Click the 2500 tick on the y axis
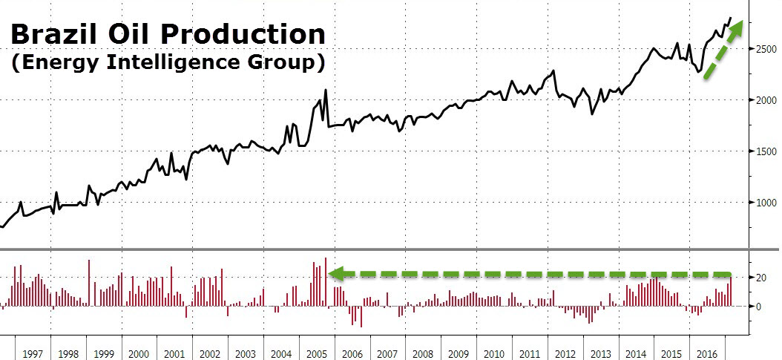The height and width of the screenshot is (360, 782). [x=763, y=49]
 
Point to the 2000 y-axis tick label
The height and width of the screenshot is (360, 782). [x=763, y=100]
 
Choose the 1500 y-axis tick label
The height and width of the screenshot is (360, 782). [x=763, y=151]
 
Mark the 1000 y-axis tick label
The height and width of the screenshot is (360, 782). [x=763, y=203]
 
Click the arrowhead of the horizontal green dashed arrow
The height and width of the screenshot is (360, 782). [x=336, y=274]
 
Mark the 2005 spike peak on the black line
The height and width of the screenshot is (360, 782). [x=326, y=91]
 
